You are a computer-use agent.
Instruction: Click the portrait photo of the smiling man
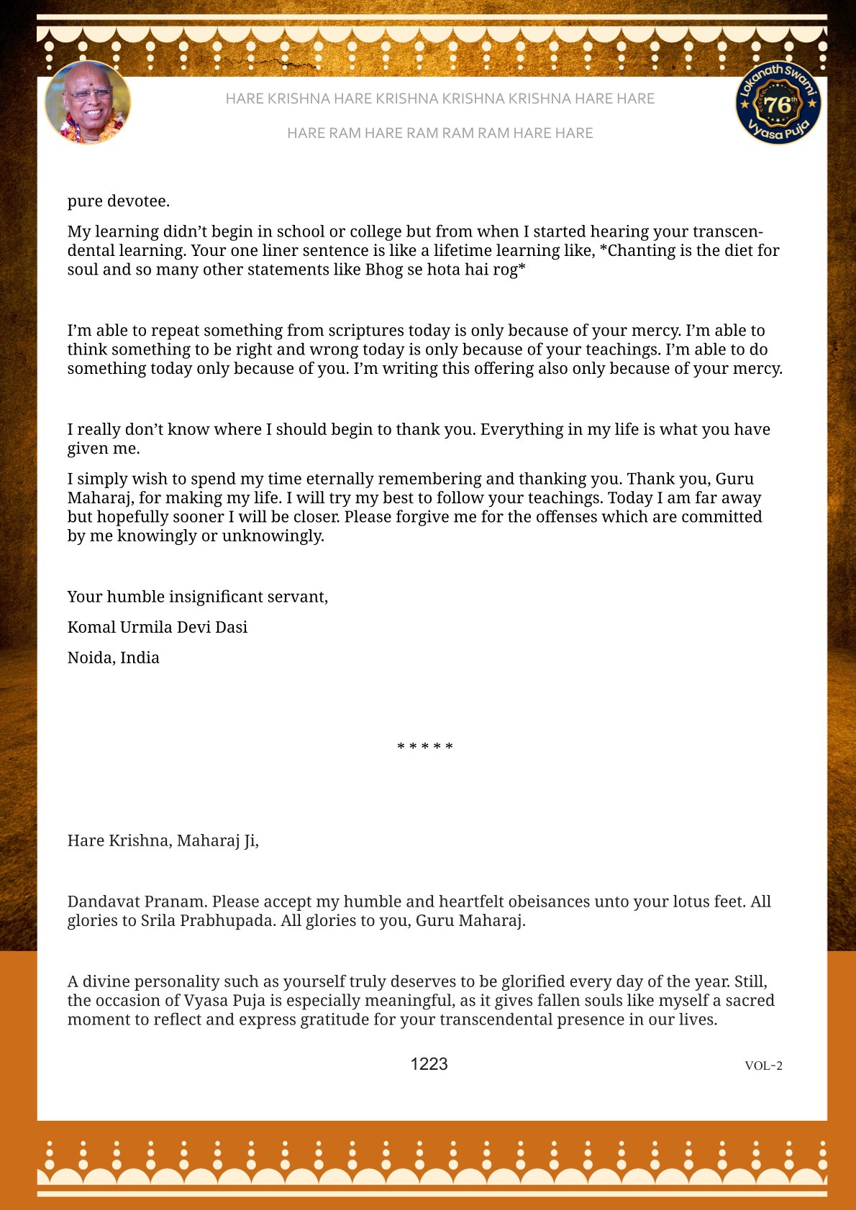88,103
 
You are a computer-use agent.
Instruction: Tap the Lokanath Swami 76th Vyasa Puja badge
778,103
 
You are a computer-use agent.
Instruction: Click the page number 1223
429,1064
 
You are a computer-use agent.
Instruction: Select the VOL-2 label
763,1065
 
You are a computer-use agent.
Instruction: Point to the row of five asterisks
425,747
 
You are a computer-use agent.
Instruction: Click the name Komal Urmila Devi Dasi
158,627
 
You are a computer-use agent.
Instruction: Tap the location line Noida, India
114,658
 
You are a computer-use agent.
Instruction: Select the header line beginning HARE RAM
440,133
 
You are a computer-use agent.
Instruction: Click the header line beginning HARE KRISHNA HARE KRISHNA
440,98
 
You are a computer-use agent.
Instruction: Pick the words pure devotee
119,201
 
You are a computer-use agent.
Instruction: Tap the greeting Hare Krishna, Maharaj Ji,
163,840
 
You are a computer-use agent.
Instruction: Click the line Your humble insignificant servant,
198,597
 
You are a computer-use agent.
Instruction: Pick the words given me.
104,449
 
